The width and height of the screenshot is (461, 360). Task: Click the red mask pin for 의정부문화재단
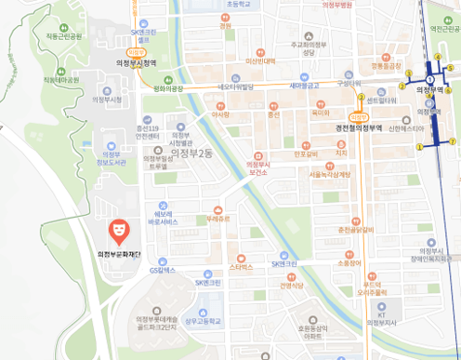(x=118, y=228)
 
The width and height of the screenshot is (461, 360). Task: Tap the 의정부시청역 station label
(x=138, y=62)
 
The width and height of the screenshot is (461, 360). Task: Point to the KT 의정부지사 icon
(x=380, y=306)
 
